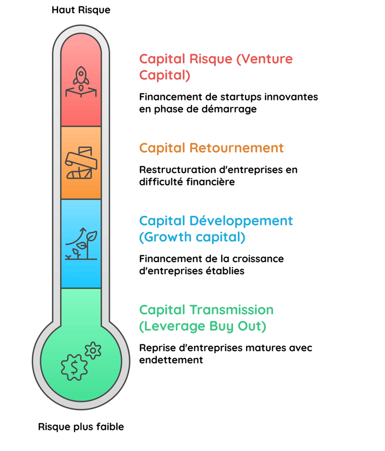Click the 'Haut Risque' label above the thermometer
81,10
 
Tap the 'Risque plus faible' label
81,427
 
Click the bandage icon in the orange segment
80,162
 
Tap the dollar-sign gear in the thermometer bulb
74,366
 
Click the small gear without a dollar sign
93,350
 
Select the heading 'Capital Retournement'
211,148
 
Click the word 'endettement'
171,360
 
